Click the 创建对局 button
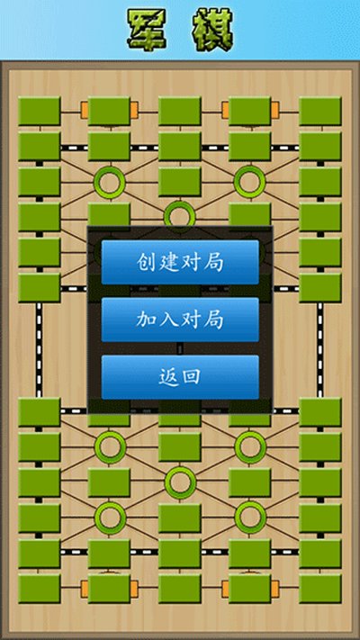point(180,262)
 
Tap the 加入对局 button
point(180,320)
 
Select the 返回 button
point(180,377)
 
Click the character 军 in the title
point(146,30)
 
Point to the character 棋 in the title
point(213,30)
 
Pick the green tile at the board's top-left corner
point(40,111)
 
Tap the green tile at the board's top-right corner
point(320,111)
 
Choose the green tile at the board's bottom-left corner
point(40,589)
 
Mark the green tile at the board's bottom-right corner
point(320,589)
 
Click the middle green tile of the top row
point(180,111)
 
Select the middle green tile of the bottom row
point(180,589)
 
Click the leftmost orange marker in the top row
point(85,111)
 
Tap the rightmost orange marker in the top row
point(275,111)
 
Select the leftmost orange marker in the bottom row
point(85,588)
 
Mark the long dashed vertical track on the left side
point(39,350)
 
